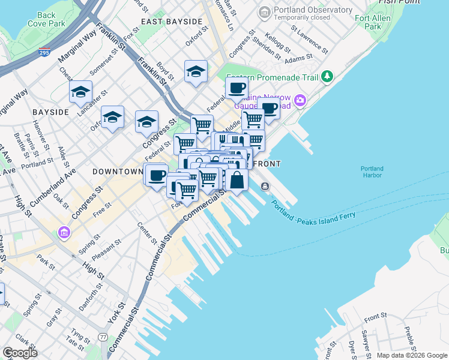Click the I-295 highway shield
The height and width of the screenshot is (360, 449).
[44, 53]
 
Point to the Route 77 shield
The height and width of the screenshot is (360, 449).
[104, 338]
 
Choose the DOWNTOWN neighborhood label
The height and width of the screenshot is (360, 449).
[117, 171]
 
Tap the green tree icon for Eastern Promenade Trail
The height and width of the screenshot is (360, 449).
[327, 76]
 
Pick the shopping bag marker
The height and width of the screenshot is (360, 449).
[237, 179]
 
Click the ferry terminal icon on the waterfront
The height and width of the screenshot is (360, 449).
[265, 187]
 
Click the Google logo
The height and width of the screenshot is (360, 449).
[20, 352]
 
